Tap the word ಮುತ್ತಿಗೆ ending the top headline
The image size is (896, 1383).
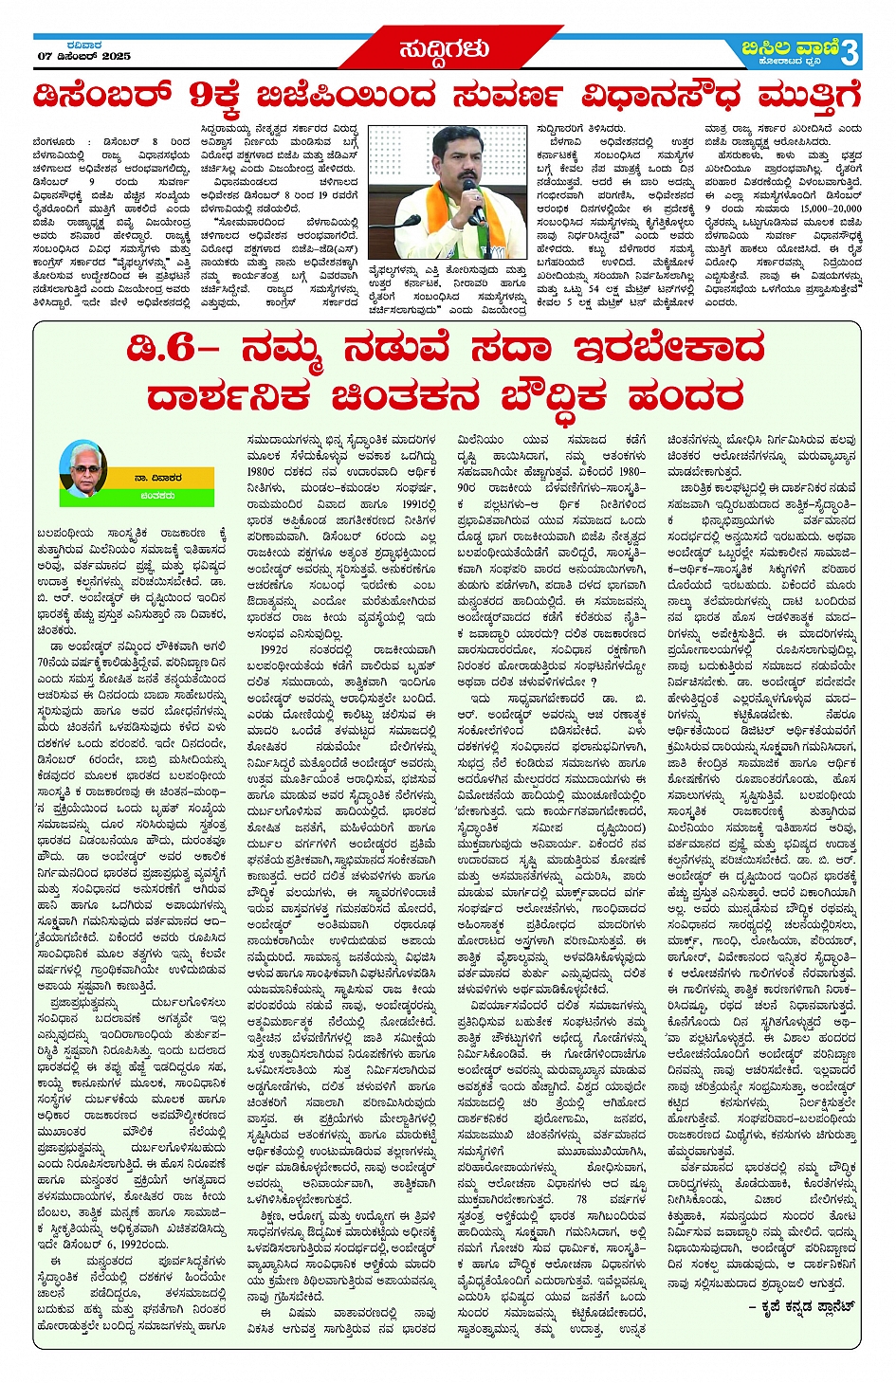point(809,97)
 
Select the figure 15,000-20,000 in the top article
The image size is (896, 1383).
point(830,209)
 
